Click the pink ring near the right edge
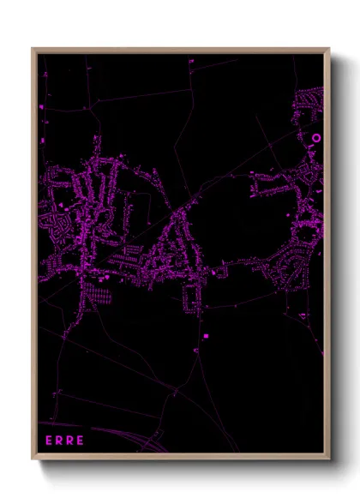315,137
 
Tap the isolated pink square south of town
206,335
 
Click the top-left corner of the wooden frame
33,49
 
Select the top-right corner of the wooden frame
330,49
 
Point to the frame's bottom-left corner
33,460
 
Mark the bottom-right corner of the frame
330,460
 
